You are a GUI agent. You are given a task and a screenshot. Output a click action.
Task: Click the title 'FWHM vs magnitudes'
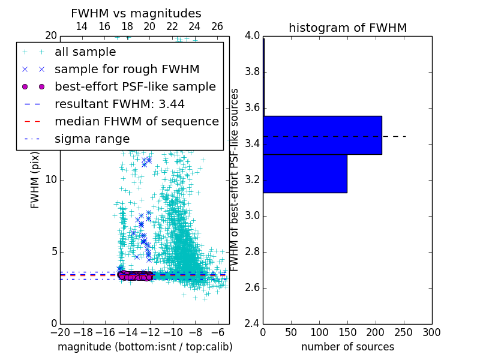(x=136, y=13)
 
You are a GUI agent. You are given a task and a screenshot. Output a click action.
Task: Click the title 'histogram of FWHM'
(x=347, y=28)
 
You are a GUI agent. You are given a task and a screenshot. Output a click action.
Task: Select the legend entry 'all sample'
(x=85, y=52)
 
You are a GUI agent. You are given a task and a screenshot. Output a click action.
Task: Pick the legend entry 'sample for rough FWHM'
(x=127, y=69)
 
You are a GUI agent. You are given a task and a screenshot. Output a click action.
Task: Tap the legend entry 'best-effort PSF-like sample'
(x=135, y=86)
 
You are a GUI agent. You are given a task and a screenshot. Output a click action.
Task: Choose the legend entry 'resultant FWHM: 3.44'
(x=119, y=104)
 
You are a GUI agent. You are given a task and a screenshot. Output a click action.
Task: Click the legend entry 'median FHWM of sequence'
(x=136, y=121)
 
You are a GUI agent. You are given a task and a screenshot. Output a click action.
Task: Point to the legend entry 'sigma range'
(x=92, y=139)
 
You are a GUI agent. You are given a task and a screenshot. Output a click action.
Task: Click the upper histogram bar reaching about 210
(x=322, y=135)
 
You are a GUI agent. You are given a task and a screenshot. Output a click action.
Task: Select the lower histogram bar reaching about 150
(x=305, y=173)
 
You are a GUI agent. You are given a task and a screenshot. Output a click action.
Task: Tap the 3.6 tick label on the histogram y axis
(x=251, y=108)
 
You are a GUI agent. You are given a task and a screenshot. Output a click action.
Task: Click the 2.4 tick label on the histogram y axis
(x=251, y=323)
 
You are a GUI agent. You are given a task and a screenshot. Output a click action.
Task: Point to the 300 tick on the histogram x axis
(x=432, y=332)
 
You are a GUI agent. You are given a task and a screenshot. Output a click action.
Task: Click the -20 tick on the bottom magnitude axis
(x=60, y=332)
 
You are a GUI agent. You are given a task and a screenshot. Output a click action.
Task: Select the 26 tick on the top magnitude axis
(x=217, y=26)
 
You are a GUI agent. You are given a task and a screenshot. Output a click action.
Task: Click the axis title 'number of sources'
(x=347, y=347)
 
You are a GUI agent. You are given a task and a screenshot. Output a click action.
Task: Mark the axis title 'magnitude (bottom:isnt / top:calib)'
(x=145, y=347)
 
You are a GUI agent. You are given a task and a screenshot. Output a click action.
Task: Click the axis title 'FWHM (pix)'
(x=35, y=180)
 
